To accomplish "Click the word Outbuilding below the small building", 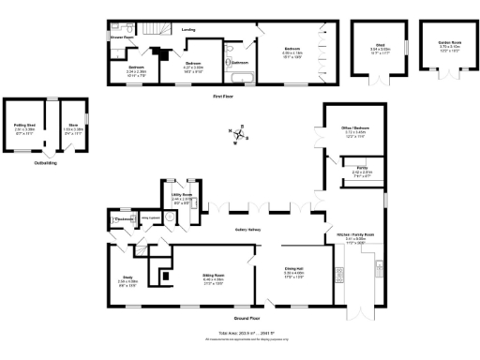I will [46, 162].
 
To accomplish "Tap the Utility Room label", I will [182, 195].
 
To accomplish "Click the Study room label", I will [127, 278].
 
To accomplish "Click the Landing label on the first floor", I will [187, 29].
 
